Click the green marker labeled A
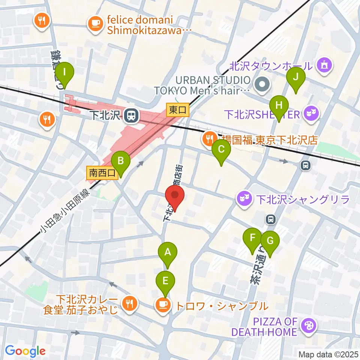(x=168, y=253)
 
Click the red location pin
(x=175, y=196)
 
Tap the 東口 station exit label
(x=178, y=110)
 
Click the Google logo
(x=25, y=351)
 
